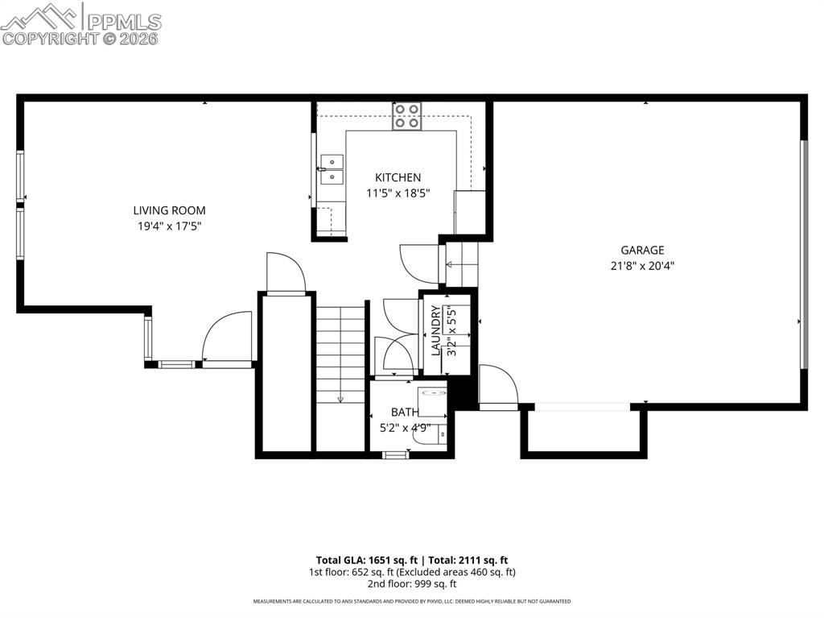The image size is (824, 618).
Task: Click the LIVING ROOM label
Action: (x=169, y=210)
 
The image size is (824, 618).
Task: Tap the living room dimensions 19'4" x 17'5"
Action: (x=169, y=226)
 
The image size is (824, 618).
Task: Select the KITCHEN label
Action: (x=398, y=177)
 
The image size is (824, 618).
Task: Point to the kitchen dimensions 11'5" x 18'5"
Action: (x=398, y=193)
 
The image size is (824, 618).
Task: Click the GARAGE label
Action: (x=642, y=250)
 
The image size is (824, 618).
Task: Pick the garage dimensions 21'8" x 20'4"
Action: (x=642, y=265)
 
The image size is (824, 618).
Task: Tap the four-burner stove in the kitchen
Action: (x=407, y=116)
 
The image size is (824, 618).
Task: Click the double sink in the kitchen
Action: (x=330, y=169)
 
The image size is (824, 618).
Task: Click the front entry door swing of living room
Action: (x=225, y=338)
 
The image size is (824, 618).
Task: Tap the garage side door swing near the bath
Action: (x=497, y=387)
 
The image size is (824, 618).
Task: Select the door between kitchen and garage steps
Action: (x=418, y=263)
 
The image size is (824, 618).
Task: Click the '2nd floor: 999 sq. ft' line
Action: (x=411, y=584)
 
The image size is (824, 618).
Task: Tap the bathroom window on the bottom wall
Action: (x=395, y=455)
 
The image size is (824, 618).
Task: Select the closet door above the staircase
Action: (x=286, y=274)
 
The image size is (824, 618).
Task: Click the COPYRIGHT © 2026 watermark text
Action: (x=80, y=38)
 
